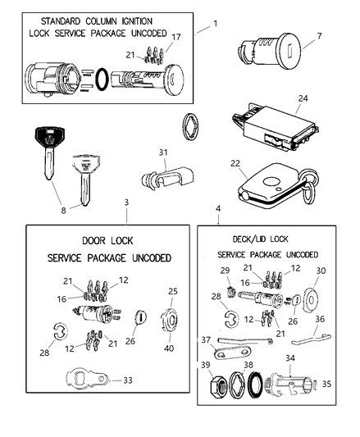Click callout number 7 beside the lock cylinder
(x=319, y=36)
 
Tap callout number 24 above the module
(x=303, y=98)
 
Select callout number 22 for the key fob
(x=235, y=163)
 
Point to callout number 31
(x=163, y=152)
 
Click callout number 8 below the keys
(x=64, y=211)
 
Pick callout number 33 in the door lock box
(x=128, y=380)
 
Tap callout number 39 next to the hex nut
(x=206, y=365)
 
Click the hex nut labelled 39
(x=218, y=387)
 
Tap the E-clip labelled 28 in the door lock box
(x=60, y=331)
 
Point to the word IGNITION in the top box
(x=137, y=21)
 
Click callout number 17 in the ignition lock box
(x=176, y=37)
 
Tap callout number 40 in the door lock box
(x=169, y=348)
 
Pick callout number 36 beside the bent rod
(x=320, y=319)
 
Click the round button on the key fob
(x=270, y=182)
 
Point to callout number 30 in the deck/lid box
(x=321, y=271)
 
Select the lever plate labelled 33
(x=88, y=378)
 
